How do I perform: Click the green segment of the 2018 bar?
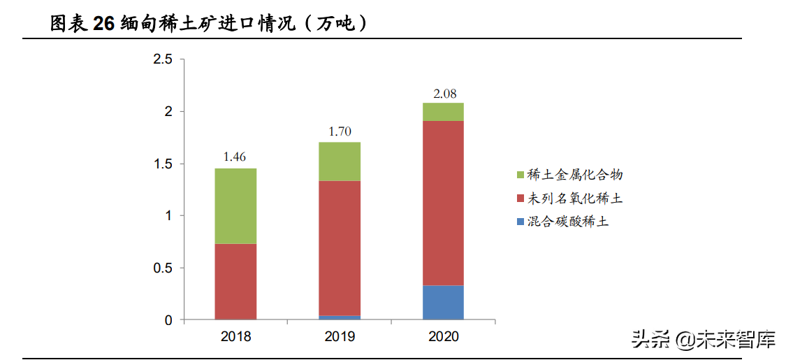click(x=235, y=206)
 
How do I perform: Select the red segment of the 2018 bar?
click(x=235, y=282)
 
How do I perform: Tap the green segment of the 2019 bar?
click(x=339, y=161)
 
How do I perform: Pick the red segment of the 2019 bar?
click(x=339, y=248)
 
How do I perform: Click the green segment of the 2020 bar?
click(x=443, y=112)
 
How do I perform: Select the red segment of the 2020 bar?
click(x=443, y=203)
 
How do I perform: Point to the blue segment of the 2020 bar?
click(x=443, y=303)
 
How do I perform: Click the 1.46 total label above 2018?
click(x=235, y=157)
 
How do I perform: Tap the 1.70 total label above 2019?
click(x=339, y=131)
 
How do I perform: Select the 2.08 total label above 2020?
click(x=443, y=93)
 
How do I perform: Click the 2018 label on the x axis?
click(x=235, y=337)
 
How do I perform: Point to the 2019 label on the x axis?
click(x=340, y=337)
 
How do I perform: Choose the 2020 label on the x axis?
click(x=443, y=337)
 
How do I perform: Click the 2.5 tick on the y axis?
click(x=163, y=60)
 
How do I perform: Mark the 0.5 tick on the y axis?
click(x=163, y=268)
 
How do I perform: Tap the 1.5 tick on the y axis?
click(x=163, y=164)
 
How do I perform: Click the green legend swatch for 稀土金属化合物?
click(x=519, y=175)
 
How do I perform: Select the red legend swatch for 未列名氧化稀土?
click(x=519, y=199)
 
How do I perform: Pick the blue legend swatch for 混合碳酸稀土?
click(x=519, y=222)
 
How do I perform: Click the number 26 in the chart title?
click(x=103, y=24)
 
